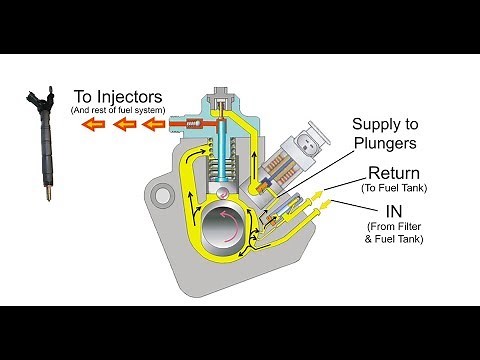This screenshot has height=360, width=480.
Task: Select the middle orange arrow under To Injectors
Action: tap(124, 125)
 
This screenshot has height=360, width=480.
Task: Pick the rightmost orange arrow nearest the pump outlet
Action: tap(153, 125)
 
